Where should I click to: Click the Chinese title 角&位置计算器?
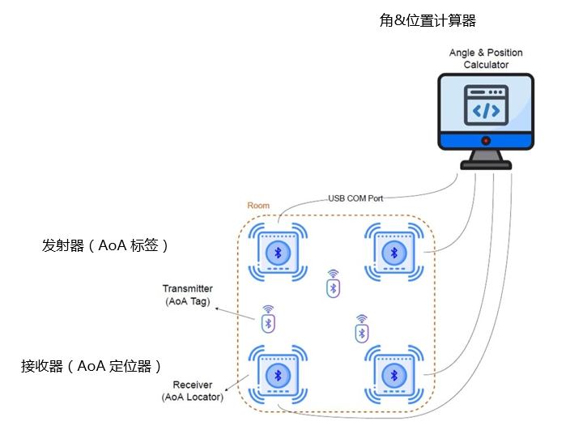pyautogui.click(x=428, y=21)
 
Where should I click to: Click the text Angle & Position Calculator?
pyautogui.click(x=486, y=58)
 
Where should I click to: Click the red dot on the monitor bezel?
pyautogui.click(x=486, y=141)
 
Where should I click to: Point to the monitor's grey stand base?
pyautogui.click(x=486, y=164)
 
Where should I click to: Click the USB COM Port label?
pyautogui.click(x=355, y=198)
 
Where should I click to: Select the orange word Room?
pyautogui.click(x=258, y=206)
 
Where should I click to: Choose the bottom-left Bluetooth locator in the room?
pyautogui.click(x=279, y=375)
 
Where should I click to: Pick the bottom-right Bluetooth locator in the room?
pyautogui.click(x=394, y=375)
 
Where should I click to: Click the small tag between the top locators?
pyautogui.click(x=332, y=284)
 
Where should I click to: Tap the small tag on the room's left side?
pyautogui.click(x=269, y=320)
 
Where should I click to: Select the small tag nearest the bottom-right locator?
pyautogui.click(x=362, y=329)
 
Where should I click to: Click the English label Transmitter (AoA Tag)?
pyautogui.click(x=187, y=295)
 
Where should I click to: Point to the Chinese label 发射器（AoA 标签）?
pyautogui.click(x=106, y=245)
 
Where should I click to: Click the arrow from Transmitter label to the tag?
pyautogui.click(x=237, y=312)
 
